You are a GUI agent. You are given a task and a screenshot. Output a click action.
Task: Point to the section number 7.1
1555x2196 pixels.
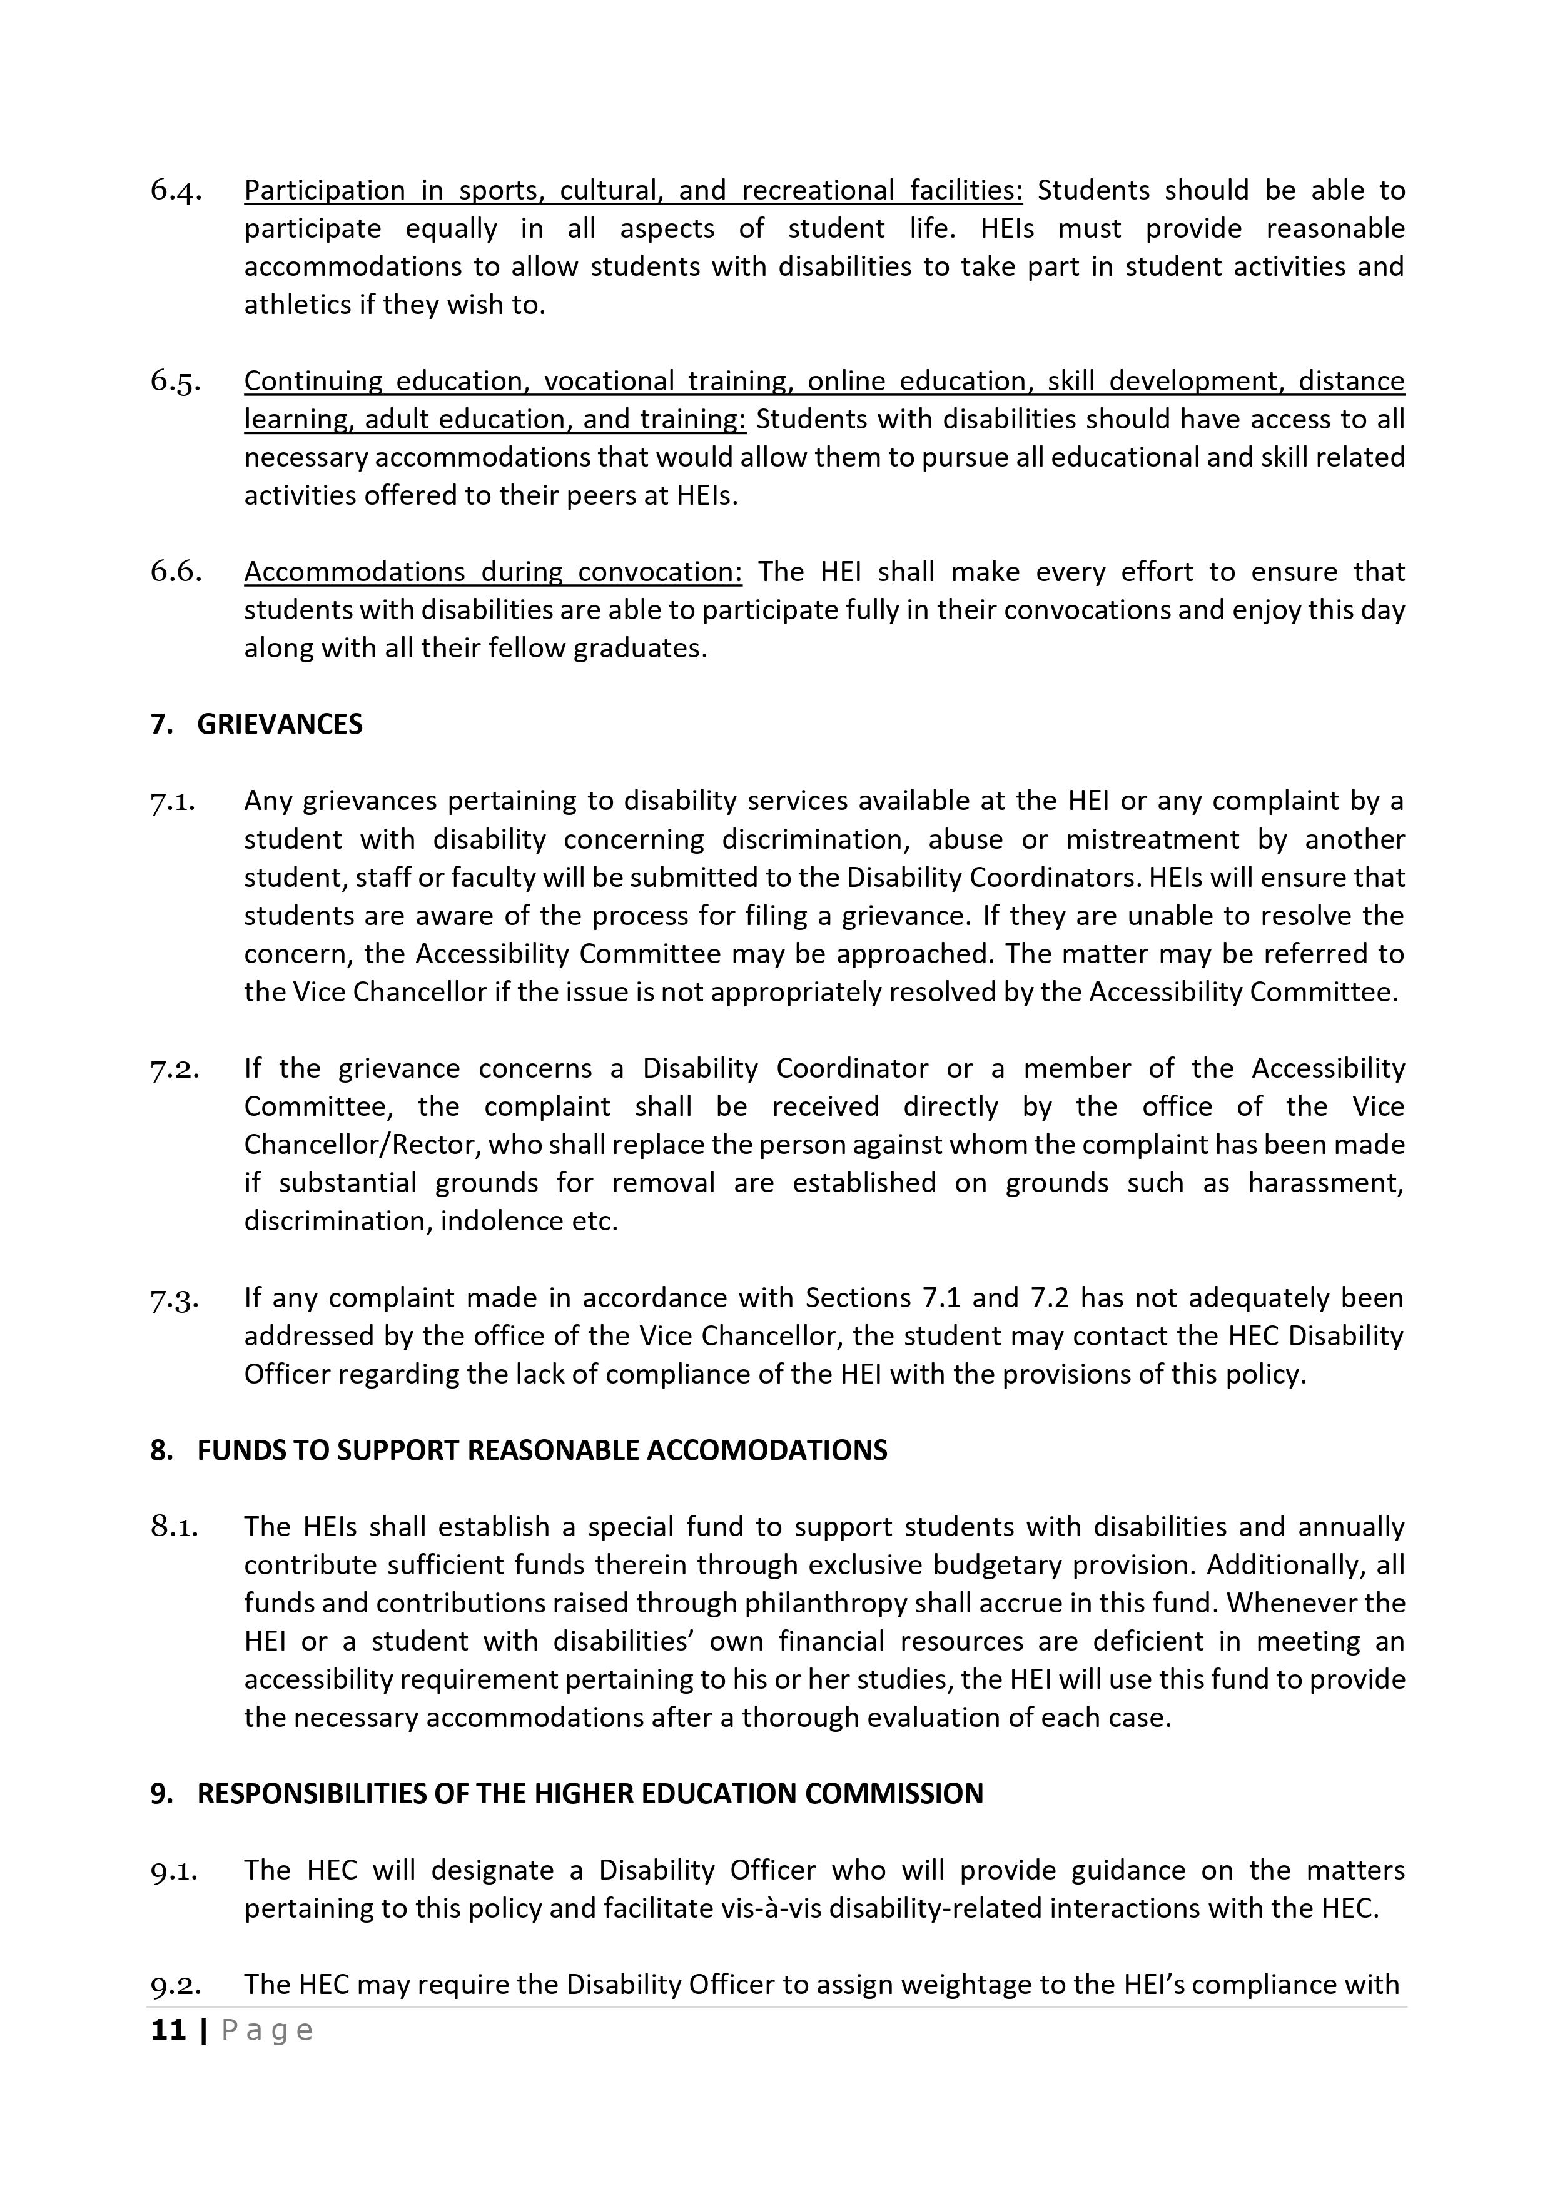click(173, 801)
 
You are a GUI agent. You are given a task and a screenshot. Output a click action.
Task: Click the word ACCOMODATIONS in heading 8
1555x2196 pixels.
click(767, 1450)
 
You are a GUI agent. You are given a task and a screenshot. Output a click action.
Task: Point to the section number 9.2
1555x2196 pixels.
click(175, 1985)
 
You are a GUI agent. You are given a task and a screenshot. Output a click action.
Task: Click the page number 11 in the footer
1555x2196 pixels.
click(168, 2030)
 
